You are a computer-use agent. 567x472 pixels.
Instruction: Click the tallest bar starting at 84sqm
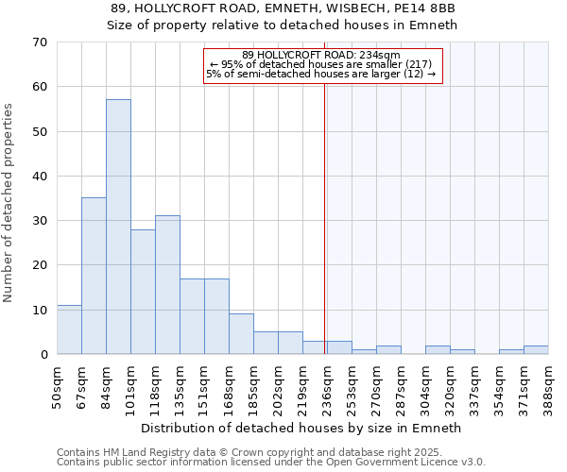pyautogui.click(x=118, y=227)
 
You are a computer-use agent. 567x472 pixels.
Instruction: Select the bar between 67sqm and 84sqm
pyautogui.click(x=94, y=276)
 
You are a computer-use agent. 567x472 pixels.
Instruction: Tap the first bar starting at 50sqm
pyautogui.click(x=69, y=329)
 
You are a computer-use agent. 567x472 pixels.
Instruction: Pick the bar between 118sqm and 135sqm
pyautogui.click(x=167, y=285)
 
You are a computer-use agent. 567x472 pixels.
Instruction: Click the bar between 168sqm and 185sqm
pyautogui.click(x=241, y=334)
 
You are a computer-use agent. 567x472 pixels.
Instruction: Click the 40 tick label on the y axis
pyautogui.click(x=40, y=177)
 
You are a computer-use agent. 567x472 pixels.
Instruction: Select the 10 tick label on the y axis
pyautogui.click(x=40, y=311)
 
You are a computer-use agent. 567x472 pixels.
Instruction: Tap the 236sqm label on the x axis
pyautogui.click(x=327, y=384)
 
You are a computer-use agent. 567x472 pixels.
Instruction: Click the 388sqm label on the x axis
pyautogui.click(x=548, y=384)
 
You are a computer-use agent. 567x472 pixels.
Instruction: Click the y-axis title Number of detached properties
pyautogui.click(x=9, y=203)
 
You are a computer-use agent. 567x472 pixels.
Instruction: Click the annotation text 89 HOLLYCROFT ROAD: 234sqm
pyautogui.click(x=321, y=55)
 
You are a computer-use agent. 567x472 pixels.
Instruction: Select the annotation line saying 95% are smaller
pyautogui.click(x=321, y=64)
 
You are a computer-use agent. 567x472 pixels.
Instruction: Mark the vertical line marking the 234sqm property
pyautogui.click(x=325, y=217)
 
